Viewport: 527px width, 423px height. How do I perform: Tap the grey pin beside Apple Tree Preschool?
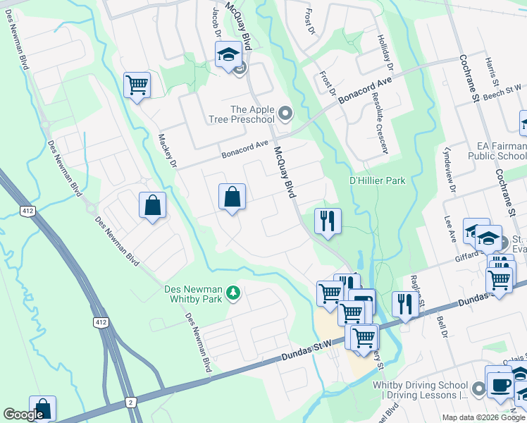tap(285, 113)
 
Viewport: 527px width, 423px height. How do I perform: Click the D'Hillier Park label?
tap(378, 181)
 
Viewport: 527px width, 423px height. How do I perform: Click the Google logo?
tap(23, 415)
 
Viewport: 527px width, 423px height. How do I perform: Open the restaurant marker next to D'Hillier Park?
tap(328, 222)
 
